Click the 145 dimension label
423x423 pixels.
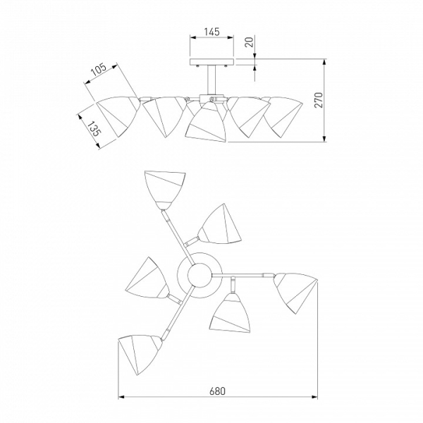(211, 32)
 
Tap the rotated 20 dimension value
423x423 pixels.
(250, 42)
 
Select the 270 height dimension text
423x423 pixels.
(319, 100)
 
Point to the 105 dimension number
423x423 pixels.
(99, 70)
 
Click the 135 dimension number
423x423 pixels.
(94, 129)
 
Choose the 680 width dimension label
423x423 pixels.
(217, 391)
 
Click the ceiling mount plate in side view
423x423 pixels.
(211, 62)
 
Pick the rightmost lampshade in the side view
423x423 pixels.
(283, 116)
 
